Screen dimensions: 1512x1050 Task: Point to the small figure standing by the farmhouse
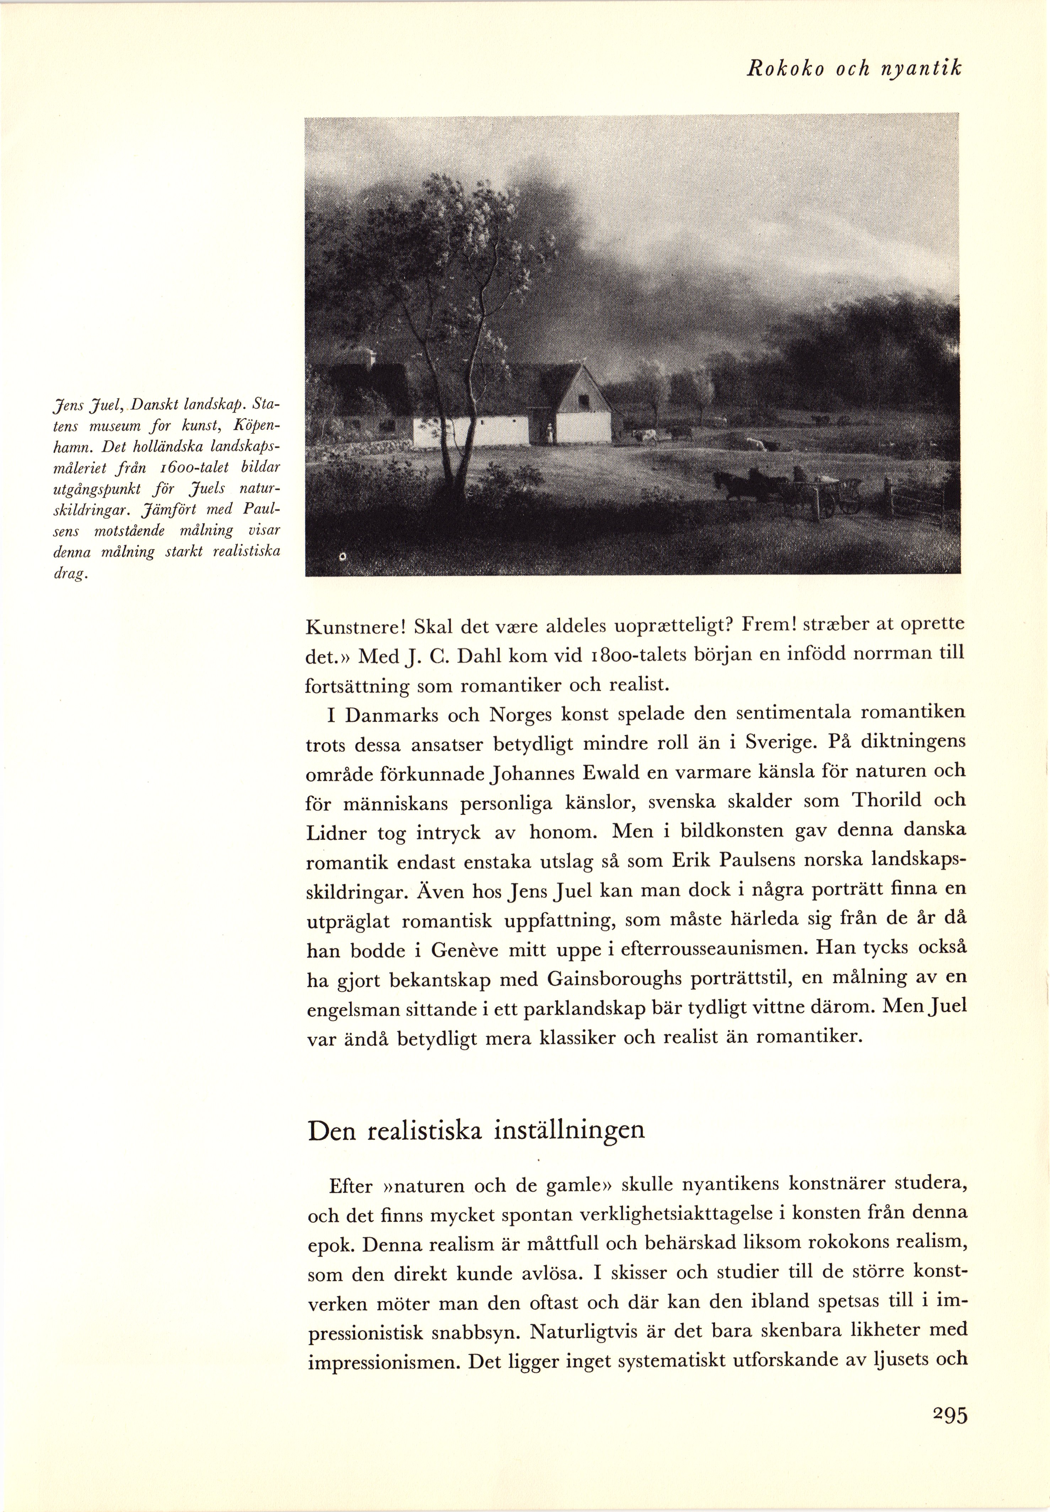point(549,432)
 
